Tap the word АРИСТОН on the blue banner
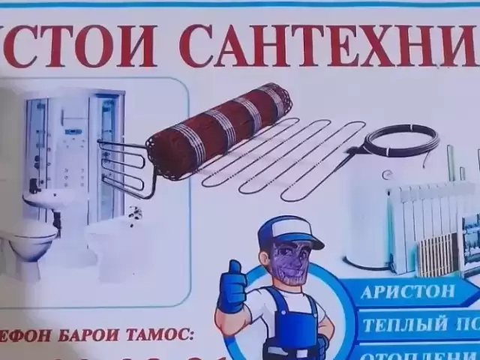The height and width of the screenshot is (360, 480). (408, 292)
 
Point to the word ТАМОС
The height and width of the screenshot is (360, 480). (160, 332)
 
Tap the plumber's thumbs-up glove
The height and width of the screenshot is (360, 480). (231, 289)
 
